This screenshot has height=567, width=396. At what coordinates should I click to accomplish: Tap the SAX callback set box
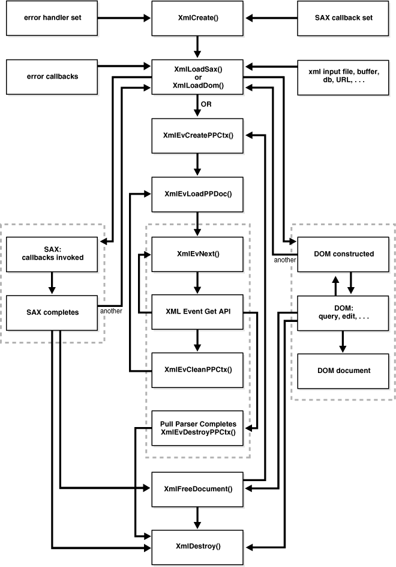(x=343, y=18)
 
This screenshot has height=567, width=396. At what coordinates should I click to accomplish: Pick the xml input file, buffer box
(x=343, y=77)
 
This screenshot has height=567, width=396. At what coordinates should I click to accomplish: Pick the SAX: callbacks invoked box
(x=53, y=253)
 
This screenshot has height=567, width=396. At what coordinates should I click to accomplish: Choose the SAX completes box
(x=53, y=312)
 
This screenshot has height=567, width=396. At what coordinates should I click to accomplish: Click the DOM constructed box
(x=343, y=253)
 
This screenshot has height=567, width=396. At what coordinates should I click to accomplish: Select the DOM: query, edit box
(x=343, y=312)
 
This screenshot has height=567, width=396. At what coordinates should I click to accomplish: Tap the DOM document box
(x=343, y=371)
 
